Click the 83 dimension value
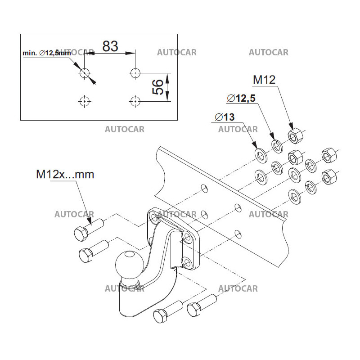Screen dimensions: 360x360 click(110, 45)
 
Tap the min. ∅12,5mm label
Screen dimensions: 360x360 click(46, 53)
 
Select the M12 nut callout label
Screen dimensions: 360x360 click(264, 80)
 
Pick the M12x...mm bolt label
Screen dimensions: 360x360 click(65, 174)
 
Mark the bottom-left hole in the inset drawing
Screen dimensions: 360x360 click(84, 101)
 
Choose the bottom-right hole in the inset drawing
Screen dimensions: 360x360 click(134, 101)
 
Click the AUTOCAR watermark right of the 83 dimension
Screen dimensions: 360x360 click(176, 53)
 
